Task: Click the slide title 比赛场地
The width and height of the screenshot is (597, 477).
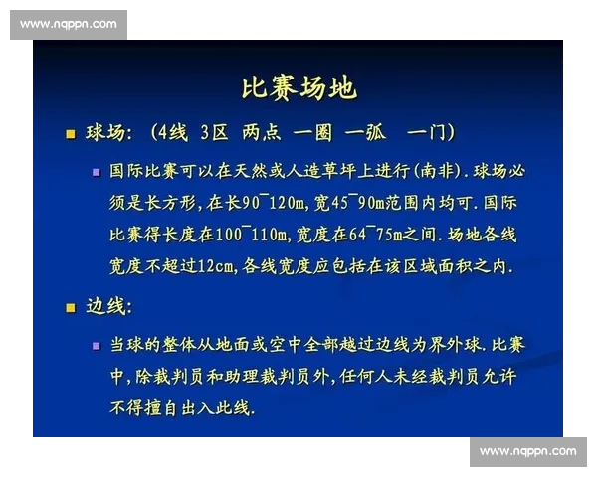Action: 298,88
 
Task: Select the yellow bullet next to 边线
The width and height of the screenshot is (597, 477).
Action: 70,307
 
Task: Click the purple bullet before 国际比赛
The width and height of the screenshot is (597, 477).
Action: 97,171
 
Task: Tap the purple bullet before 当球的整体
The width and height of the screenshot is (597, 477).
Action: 97,345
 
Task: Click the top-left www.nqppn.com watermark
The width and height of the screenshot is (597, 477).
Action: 68,24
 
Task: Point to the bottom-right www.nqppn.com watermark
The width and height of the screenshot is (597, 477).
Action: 527,452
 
